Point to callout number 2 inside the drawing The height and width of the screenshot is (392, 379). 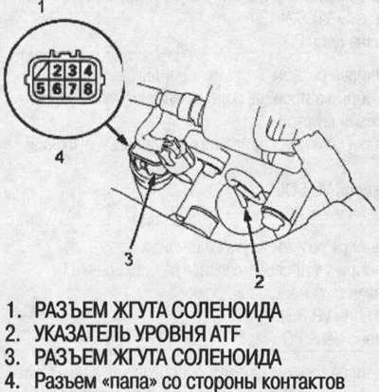click(x=255, y=281)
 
